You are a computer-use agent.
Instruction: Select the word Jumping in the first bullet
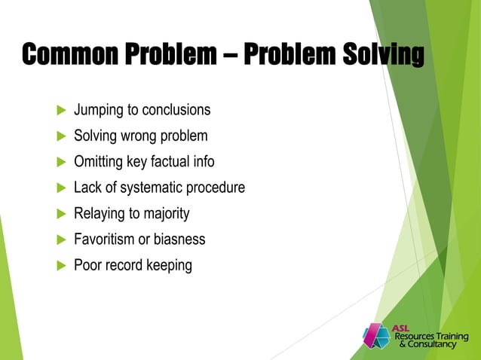(x=99, y=111)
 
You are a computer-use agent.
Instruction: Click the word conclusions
(x=177, y=110)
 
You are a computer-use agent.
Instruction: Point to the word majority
(x=164, y=214)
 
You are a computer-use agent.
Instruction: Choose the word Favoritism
(x=105, y=239)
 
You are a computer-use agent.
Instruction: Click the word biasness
(x=177, y=239)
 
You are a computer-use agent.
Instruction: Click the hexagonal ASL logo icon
(x=376, y=336)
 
